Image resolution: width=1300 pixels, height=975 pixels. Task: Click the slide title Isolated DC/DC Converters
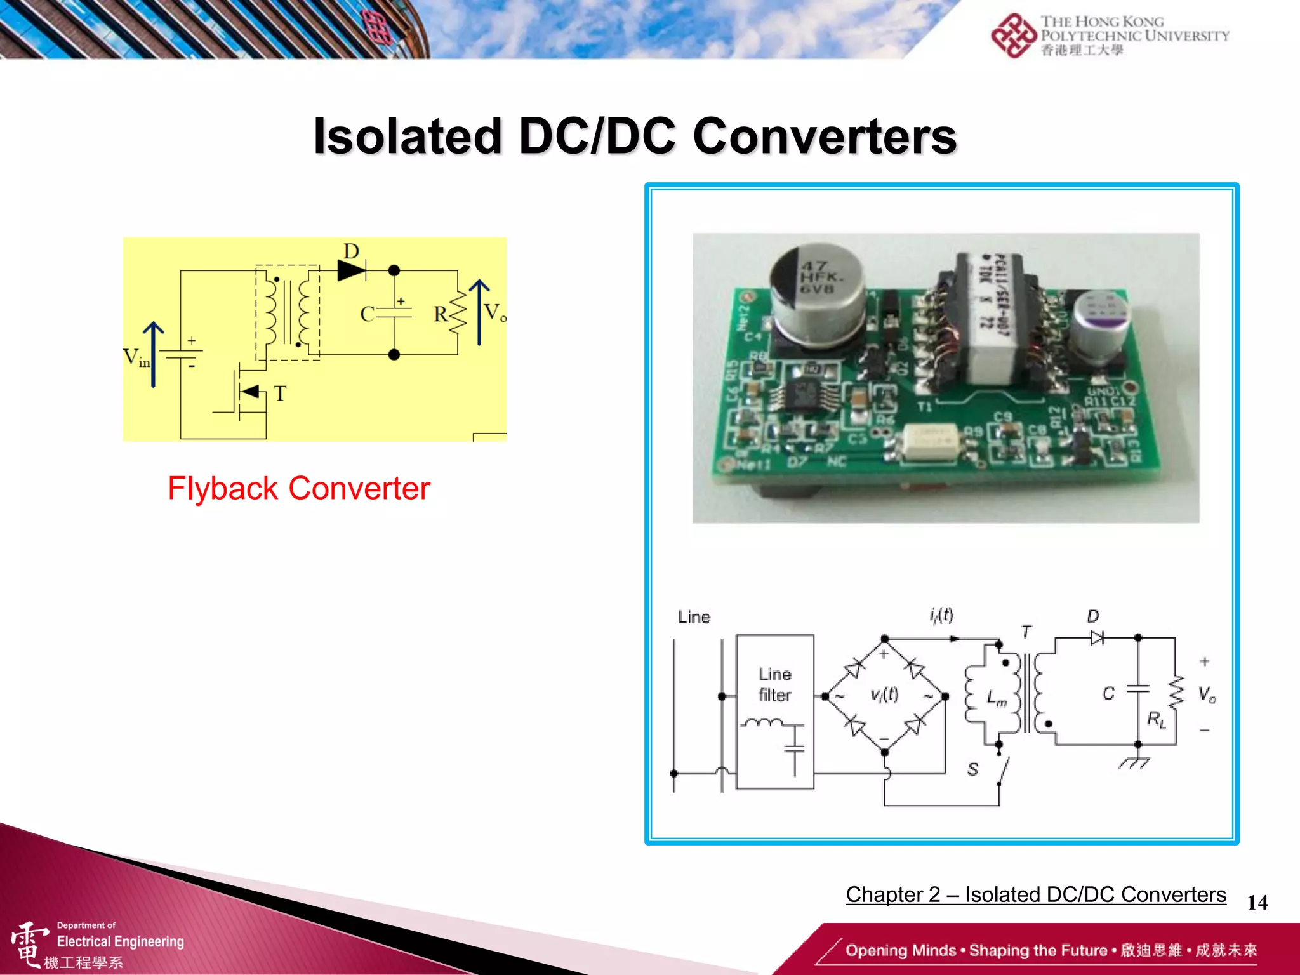[635, 136]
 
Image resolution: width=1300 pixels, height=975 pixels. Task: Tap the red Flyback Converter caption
[298, 489]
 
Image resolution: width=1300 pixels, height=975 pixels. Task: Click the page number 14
[1257, 903]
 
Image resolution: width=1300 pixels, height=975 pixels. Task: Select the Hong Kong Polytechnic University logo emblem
[1014, 36]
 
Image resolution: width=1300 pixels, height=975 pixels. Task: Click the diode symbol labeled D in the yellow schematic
[352, 270]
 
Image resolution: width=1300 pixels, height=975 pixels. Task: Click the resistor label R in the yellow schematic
[440, 314]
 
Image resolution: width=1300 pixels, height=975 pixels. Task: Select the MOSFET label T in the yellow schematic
[280, 394]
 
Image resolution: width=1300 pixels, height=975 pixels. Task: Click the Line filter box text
[775, 684]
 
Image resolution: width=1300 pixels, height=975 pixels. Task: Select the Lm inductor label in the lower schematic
[996, 698]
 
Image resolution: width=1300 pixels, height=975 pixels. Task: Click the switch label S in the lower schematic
[973, 769]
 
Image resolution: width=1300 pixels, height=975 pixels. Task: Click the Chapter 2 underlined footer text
[1035, 894]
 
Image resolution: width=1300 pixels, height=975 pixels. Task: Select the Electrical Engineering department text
[120, 941]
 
